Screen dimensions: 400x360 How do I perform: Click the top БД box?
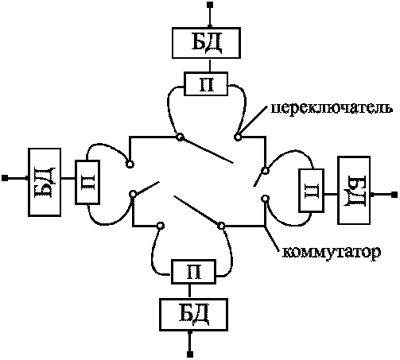206,43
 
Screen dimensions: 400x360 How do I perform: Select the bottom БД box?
193,315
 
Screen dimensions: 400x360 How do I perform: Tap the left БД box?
45,182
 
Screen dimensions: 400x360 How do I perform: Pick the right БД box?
354,191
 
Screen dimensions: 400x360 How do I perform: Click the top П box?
206,84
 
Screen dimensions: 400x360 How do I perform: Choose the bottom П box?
193,272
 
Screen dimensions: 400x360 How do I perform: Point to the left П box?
87,182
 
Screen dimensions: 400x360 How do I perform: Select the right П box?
312,191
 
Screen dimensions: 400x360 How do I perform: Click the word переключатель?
332,109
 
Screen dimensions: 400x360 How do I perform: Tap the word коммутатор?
331,253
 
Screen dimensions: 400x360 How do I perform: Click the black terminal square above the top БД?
210,5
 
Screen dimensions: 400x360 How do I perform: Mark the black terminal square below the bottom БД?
190,354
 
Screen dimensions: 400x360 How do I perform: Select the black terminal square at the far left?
5,178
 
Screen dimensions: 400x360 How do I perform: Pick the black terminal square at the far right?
394,195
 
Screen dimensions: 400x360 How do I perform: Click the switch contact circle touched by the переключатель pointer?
238,137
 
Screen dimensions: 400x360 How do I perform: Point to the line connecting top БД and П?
210,65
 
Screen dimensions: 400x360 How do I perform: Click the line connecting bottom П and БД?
189,291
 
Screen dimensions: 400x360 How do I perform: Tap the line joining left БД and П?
68,178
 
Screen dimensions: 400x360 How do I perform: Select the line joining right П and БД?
331,195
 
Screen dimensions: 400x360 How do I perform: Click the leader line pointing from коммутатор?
272,238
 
